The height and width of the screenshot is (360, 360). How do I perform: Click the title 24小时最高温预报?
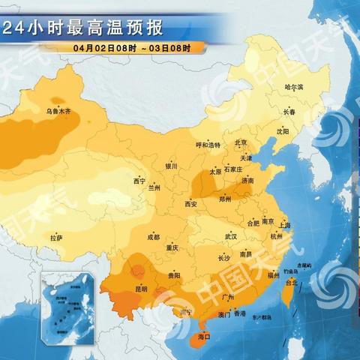pyautogui.click(x=82, y=29)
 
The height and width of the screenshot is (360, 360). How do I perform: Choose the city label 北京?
pyautogui.click(x=241, y=142)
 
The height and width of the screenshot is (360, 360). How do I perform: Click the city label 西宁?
pyautogui.click(x=139, y=181)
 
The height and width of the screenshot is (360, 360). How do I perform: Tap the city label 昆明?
pyautogui.click(x=141, y=288)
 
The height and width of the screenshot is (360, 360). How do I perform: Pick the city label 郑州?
pyautogui.click(x=224, y=199)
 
